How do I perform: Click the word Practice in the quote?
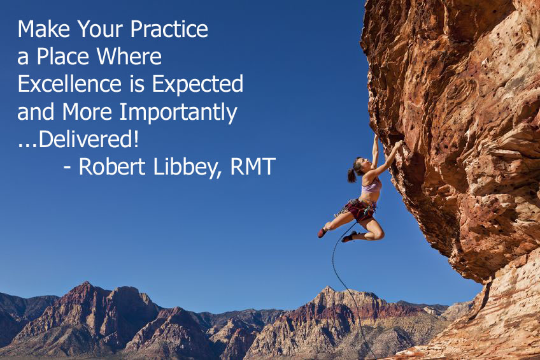[169, 29]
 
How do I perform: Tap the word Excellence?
[69, 83]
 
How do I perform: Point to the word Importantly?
[178, 113]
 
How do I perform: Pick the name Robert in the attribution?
[112, 166]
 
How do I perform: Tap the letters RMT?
[253, 167]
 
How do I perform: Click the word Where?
[129, 56]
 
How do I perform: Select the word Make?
[44, 29]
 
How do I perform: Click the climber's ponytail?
[352, 175]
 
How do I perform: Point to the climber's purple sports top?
[372, 185]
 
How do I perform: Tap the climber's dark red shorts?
[360, 210]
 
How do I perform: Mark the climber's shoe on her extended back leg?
[323, 233]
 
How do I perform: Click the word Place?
[62, 56]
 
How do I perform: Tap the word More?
[87, 112]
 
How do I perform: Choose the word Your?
[100, 29]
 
